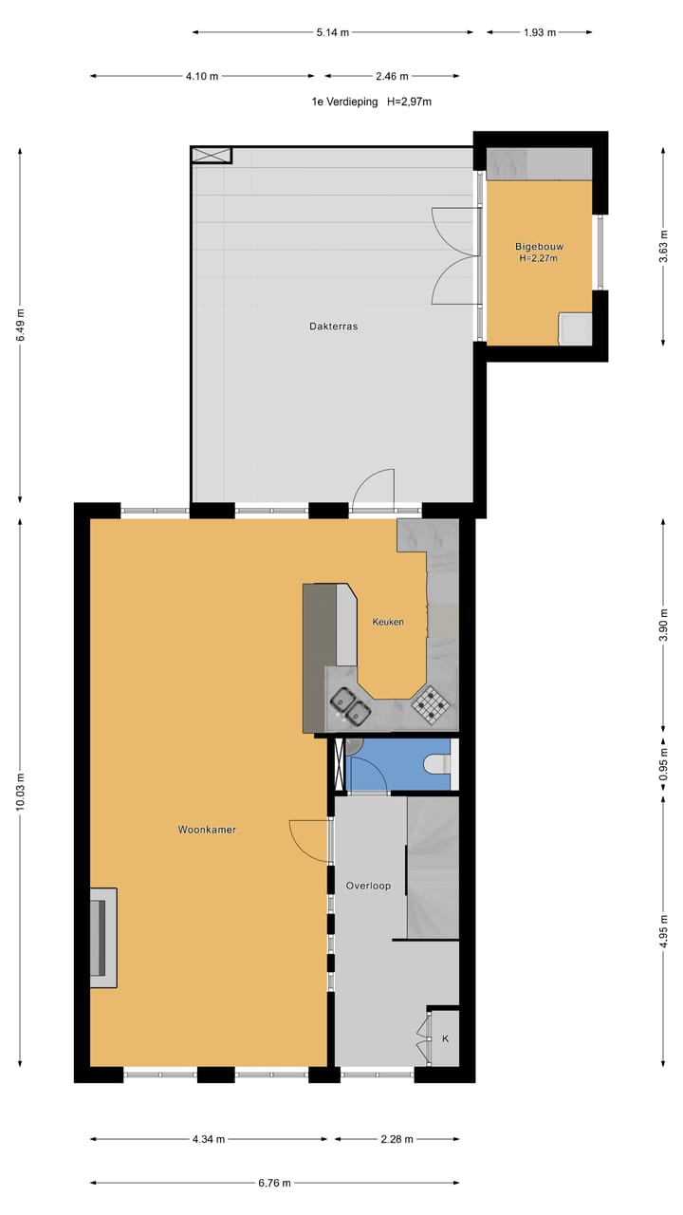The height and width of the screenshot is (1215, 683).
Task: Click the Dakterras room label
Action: (x=333, y=326)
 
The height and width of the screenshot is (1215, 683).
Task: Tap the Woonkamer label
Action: (x=207, y=830)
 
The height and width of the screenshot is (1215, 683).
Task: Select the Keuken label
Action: (x=388, y=622)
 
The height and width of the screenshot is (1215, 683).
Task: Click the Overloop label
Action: (x=368, y=886)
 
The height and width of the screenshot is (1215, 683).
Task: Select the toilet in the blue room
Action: (x=437, y=764)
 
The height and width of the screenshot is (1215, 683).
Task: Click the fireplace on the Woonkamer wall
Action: (x=101, y=937)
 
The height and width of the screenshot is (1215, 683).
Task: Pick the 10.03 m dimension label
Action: (x=21, y=791)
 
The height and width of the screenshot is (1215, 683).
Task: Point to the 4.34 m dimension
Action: (x=209, y=1139)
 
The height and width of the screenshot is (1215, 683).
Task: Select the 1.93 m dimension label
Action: (x=540, y=31)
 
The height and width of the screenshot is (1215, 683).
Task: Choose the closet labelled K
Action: (x=444, y=1037)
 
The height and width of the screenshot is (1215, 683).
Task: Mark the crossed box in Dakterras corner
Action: (x=211, y=155)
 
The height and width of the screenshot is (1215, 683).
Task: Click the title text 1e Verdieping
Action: (x=344, y=102)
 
